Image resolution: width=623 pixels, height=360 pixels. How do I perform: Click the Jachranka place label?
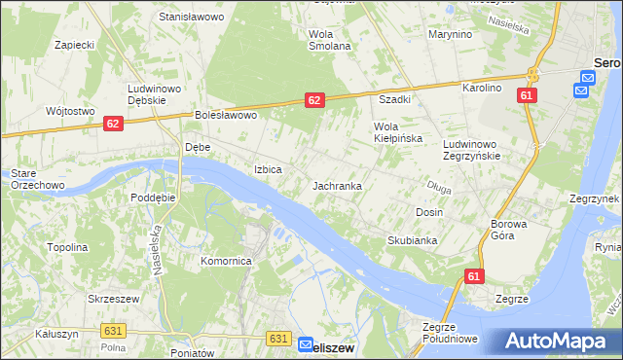(x=338, y=185)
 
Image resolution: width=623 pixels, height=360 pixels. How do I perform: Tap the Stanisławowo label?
(x=191, y=18)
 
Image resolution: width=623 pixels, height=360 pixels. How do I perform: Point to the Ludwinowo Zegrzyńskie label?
(x=471, y=149)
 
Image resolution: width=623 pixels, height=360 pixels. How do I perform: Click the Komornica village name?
(x=226, y=262)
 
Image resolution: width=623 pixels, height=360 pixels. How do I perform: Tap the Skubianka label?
(x=412, y=240)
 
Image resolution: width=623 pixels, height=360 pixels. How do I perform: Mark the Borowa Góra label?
(x=508, y=230)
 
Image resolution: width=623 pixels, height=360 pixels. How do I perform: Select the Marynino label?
(x=450, y=34)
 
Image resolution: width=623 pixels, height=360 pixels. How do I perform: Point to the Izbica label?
(x=268, y=169)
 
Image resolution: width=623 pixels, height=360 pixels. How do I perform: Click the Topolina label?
(x=68, y=247)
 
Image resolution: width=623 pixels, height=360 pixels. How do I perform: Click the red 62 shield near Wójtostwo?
(x=113, y=124)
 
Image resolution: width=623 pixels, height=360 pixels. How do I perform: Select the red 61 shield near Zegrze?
(x=473, y=276)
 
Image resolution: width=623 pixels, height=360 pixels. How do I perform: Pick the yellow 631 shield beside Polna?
(x=112, y=331)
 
